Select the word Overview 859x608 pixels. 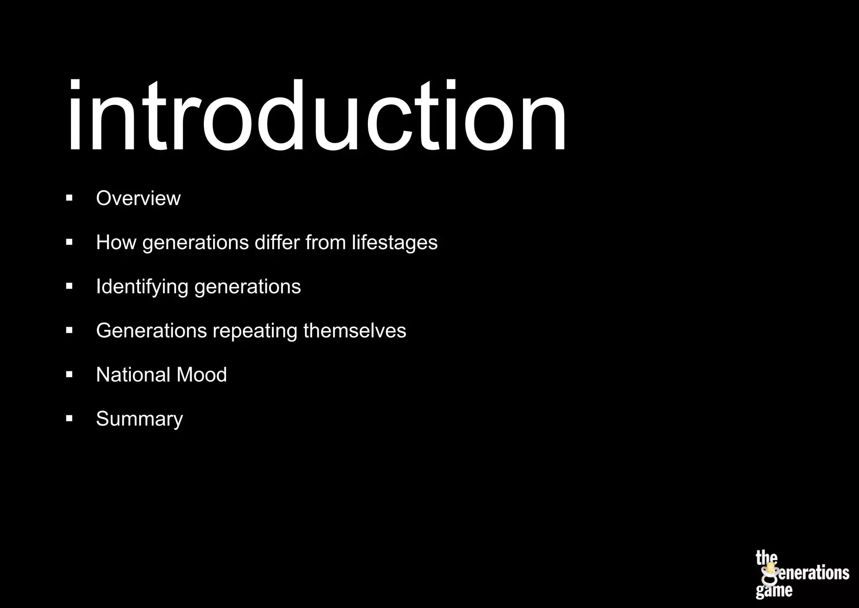(x=138, y=198)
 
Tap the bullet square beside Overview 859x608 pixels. (x=70, y=198)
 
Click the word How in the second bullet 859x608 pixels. (x=116, y=242)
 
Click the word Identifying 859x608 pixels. (x=142, y=287)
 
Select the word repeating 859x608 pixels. (x=255, y=331)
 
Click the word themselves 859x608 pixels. (x=355, y=330)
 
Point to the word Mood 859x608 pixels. (x=202, y=374)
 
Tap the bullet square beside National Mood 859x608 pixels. (x=70, y=374)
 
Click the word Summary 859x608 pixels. (x=139, y=419)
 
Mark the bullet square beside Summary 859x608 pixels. (x=70, y=418)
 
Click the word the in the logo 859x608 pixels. (x=766, y=558)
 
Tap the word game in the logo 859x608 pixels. (x=774, y=591)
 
